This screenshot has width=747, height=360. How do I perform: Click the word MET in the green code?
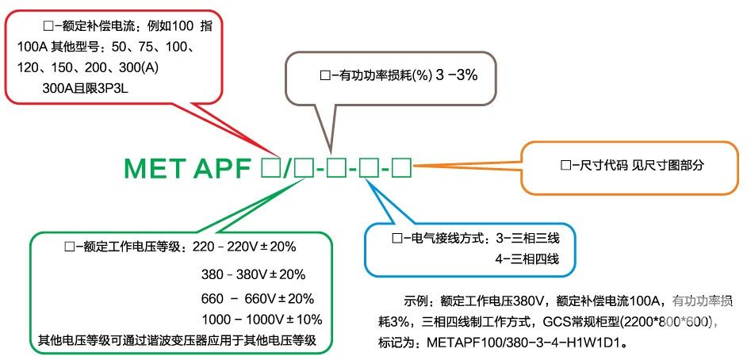(x=153, y=168)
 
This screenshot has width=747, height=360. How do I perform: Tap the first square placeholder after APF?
(x=270, y=168)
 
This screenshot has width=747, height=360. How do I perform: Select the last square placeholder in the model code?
(x=401, y=168)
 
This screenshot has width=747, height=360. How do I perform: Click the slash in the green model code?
(x=287, y=168)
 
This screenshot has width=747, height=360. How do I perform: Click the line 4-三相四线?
(x=527, y=259)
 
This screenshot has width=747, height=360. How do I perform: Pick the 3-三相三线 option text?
(x=527, y=238)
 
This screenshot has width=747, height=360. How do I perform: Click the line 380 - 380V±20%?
(x=254, y=275)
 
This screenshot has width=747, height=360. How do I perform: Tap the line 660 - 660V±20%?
(x=258, y=299)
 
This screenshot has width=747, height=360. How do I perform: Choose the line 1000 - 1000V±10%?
(x=262, y=319)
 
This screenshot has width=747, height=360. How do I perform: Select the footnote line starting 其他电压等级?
(x=177, y=340)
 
